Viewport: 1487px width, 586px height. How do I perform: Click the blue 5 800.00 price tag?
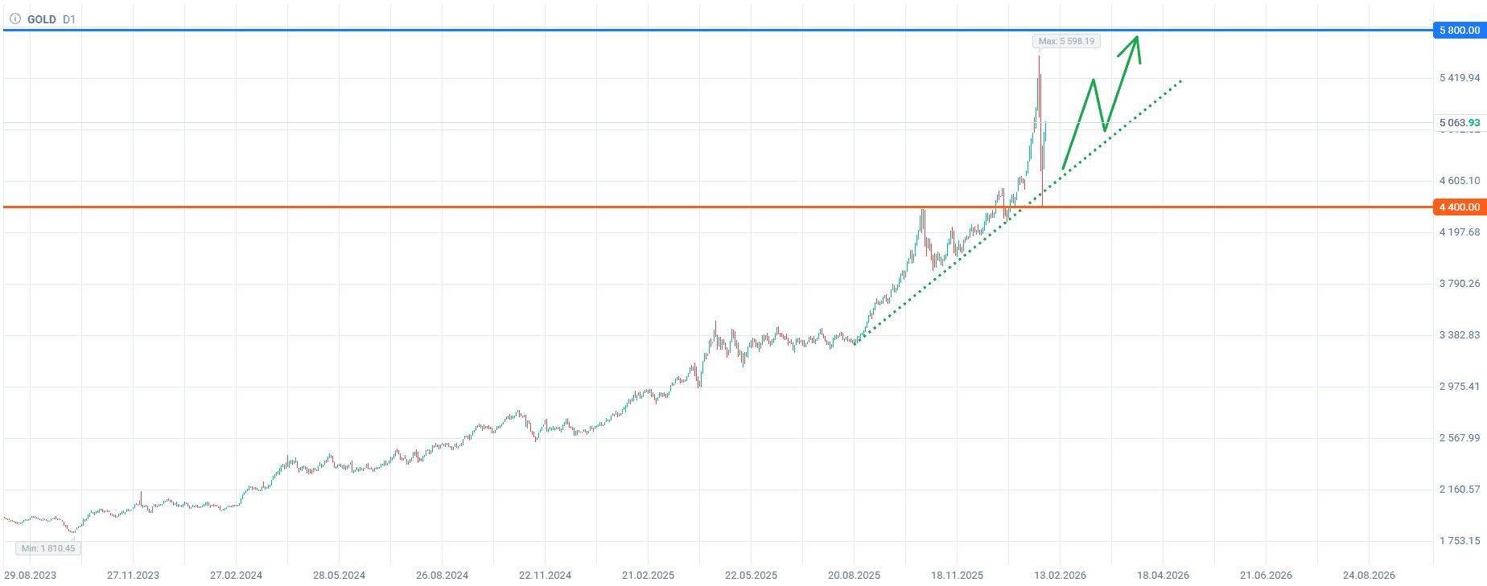click(x=1459, y=31)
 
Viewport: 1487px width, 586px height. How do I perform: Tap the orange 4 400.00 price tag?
click(x=1459, y=207)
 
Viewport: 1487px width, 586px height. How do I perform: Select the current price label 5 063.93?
click(x=1459, y=123)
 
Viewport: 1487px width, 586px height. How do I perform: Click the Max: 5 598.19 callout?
click(x=1066, y=41)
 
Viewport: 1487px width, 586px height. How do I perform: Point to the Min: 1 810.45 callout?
click(x=48, y=548)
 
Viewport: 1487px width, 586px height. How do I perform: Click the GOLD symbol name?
click(x=42, y=19)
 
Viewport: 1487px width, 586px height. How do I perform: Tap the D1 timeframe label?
click(x=69, y=19)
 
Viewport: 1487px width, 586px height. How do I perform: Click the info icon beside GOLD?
click(x=14, y=18)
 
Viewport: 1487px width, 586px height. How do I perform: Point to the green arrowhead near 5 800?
click(x=1135, y=39)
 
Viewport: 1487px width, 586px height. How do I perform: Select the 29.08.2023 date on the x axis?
click(x=31, y=575)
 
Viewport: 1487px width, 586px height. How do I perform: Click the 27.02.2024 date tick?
click(x=236, y=575)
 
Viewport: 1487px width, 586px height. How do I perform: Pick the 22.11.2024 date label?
click(x=545, y=575)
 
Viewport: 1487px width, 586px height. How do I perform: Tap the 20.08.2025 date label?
click(x=854, y=575)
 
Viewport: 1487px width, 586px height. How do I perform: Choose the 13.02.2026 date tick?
click(x=1060, y=575)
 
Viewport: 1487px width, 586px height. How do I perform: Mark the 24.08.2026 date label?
click(x=1369, y=575)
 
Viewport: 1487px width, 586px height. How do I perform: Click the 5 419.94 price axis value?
click(x=1460, y=78)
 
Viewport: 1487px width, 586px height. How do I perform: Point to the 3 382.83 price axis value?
click(x=1460, y=335)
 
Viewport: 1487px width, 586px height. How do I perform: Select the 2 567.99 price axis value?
click(x=1460, y=438)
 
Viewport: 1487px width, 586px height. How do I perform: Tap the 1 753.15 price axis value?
click(x=1460, y=541)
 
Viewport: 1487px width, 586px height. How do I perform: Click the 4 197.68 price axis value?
click(x=1460, y=232)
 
